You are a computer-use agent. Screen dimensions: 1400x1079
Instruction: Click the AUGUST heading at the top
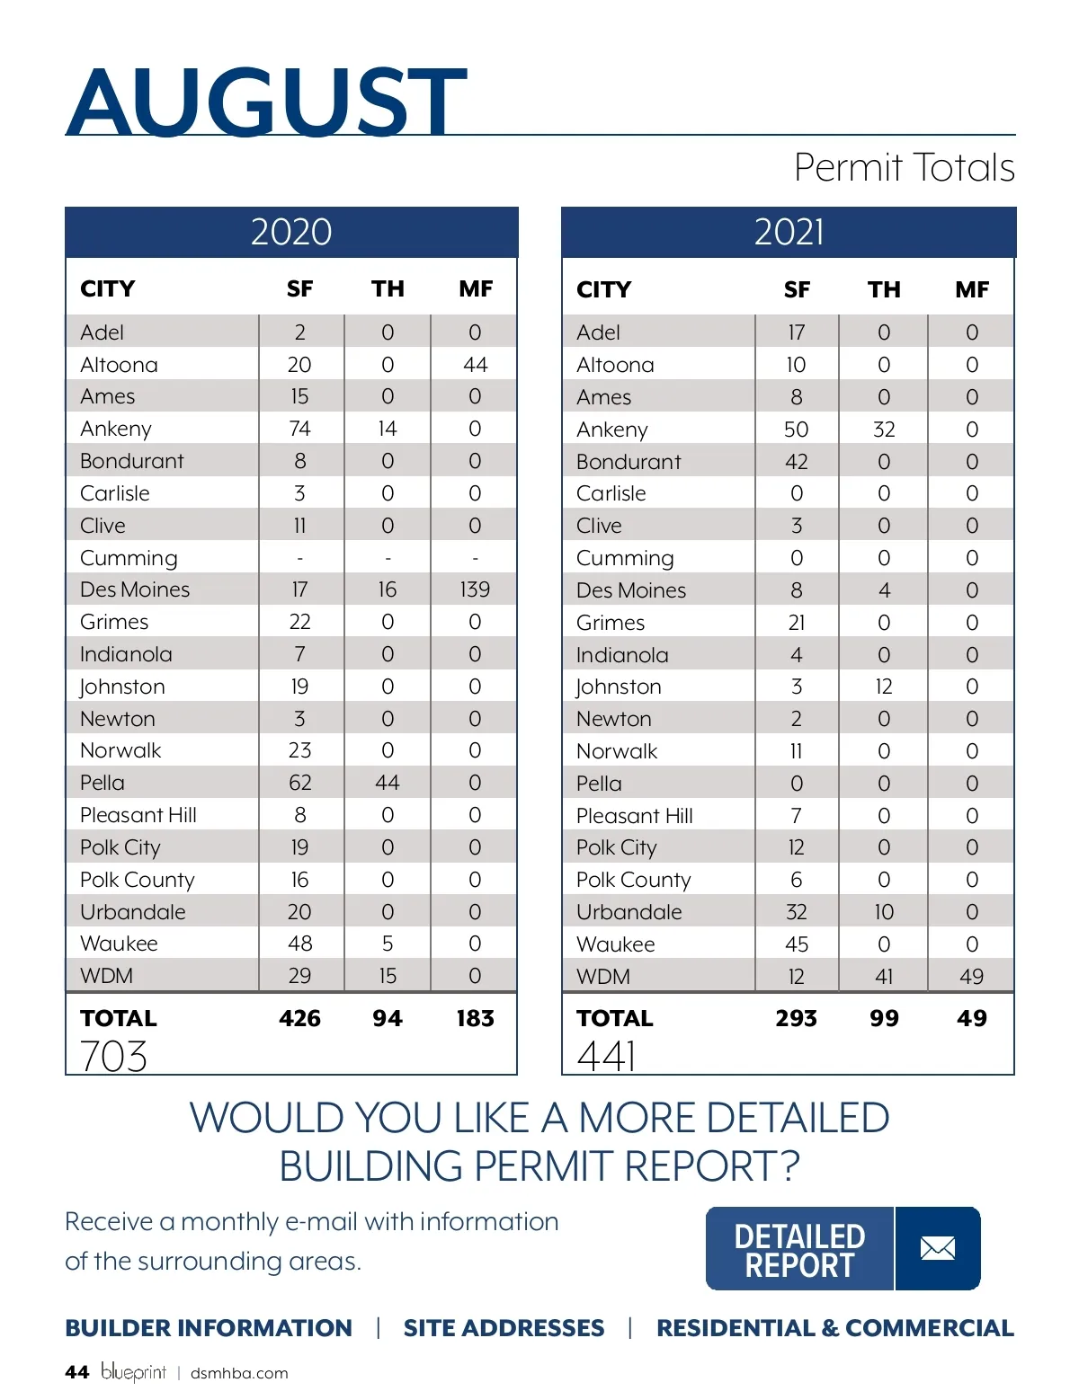coord(266,101)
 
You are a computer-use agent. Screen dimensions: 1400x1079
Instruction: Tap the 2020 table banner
coord(291,232)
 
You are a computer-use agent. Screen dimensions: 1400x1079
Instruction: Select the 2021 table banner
coord(789,232)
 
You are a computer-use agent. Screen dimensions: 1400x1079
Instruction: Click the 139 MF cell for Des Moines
coord(475,589)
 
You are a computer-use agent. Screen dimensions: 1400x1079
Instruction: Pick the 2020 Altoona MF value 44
coord(475,365)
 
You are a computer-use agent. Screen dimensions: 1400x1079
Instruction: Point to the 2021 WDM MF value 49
coord(971,976)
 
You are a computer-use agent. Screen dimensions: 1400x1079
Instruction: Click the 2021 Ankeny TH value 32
coord(884,430)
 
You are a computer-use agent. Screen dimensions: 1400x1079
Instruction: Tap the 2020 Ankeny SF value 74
coord(299,429)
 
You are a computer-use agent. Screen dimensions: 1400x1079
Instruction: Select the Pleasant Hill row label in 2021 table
coord(635,816)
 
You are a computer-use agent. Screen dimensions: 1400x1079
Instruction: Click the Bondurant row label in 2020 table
coord(131,461)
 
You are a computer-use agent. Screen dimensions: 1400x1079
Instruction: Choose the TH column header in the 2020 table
coord(388,288)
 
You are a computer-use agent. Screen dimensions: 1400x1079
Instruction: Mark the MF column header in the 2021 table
coord(972,289)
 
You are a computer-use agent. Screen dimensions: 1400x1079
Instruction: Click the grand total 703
coord(113,1056)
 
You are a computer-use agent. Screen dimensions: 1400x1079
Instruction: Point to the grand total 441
coord(608,1056)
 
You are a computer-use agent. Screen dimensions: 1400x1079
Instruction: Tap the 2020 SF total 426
coord(299,1018)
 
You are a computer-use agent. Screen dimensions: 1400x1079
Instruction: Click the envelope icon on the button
coord(937,1248)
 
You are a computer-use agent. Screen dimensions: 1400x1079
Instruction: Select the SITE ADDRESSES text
coord(504,1328)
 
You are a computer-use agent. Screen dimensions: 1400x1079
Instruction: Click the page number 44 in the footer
coord(76,1372)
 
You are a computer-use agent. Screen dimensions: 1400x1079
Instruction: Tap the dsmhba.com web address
coord(239,1373)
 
